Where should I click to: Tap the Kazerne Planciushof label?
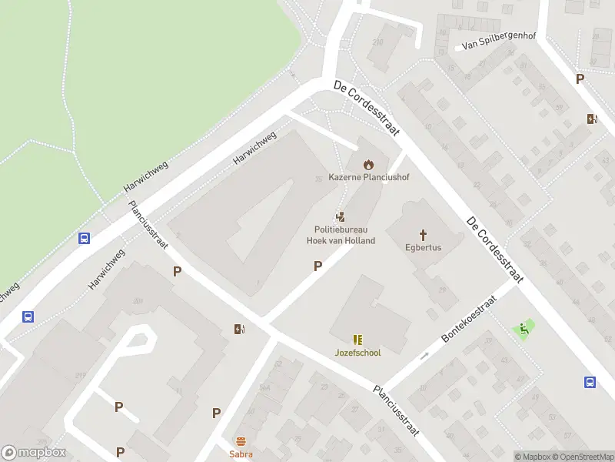(369, 177)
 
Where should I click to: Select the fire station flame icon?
(369, 164)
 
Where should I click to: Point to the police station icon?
(340, 218)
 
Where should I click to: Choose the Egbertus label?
(423, 248)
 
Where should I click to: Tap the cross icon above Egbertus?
(423, 234)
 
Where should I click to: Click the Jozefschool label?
(357, 353)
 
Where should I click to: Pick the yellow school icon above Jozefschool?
(357, 339)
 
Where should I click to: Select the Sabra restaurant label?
(241, 454)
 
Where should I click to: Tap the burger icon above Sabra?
(241, 441)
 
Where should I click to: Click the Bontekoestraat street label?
(466, 323)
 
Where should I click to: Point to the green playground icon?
(524, 330)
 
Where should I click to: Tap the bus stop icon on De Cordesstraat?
(590, 382)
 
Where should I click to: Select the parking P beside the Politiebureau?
(317, 266)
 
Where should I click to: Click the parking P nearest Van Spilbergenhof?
(580, 79)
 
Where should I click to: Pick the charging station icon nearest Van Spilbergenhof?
(592, 119)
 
